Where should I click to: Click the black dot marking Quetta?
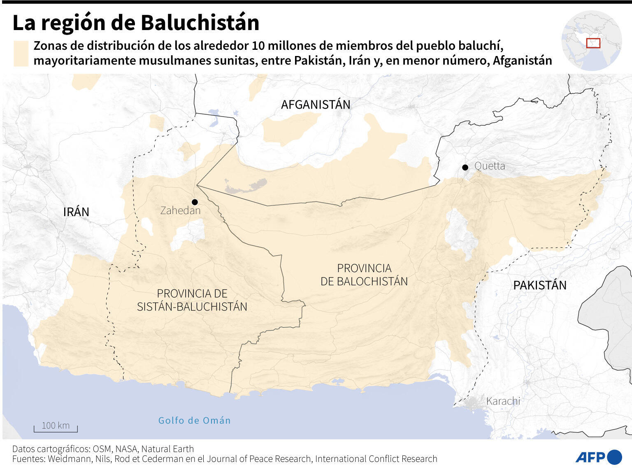[465, 167]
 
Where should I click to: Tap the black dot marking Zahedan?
[195, 202]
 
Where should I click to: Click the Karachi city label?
[503, 401]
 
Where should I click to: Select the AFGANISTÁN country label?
[316, 105]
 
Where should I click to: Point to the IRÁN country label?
[76, 212]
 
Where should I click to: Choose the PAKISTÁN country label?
[539, 285]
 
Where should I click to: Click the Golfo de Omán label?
[194, 420]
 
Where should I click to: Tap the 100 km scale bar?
[56, 427]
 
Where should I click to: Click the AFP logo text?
[590, 457]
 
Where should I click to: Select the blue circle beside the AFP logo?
[614, 457]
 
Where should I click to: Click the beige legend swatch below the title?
[21, 53]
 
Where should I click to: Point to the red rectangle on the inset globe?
[593, 43]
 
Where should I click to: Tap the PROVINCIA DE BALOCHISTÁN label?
[364, 275]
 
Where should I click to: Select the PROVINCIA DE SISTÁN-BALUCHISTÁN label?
[192, 300]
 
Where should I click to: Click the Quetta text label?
[490, 166]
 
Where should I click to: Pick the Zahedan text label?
[180, 211]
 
